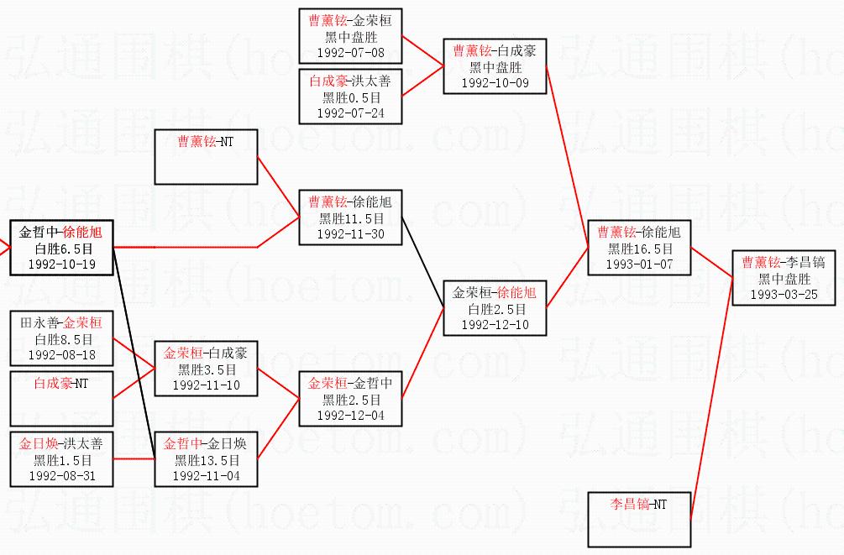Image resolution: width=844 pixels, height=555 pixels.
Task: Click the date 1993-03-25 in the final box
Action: pyautogui.click(x=784, y=295)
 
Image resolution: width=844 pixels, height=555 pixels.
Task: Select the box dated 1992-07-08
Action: pyautogui.click(x=351, y=36)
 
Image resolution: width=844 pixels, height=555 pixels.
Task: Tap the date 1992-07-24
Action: pyautogui.click(x=351, y=113)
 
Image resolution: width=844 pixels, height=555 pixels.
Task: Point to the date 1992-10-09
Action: pyautogui.click(x=495, y=82)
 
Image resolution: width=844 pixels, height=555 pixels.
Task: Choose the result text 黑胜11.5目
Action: pyautogui.click(x=351, y=218)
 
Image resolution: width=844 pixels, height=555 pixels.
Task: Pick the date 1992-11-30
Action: pyautogui.click(x=351, y=234)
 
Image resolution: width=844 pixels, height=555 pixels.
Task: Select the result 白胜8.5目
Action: pyautogui.click(x=60, y=339)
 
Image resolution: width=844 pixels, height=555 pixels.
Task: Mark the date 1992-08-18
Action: pyautogui.click(x=60, y=354)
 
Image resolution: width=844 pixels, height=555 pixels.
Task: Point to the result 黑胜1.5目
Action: pyautogui.click(x=60, y=460)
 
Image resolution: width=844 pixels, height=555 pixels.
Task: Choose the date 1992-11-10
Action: pyautogui.click(x=206, y=385)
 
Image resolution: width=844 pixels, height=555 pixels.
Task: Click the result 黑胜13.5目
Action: pyautogui.click(x=206, y=460)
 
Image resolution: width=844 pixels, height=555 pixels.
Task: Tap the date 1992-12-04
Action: pyautogui.click(x=351, y=415)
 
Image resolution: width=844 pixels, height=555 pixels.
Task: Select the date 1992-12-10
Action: pyautogui.click(x=495, y=324)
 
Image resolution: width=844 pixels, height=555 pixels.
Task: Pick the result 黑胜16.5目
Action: pyautogui.click(x=639, y=249)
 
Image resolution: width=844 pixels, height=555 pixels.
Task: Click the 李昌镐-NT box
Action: pyautogui.click(x=639, y=519)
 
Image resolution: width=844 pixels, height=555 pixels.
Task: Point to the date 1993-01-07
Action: pyautogui.click(x=639, y=264)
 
